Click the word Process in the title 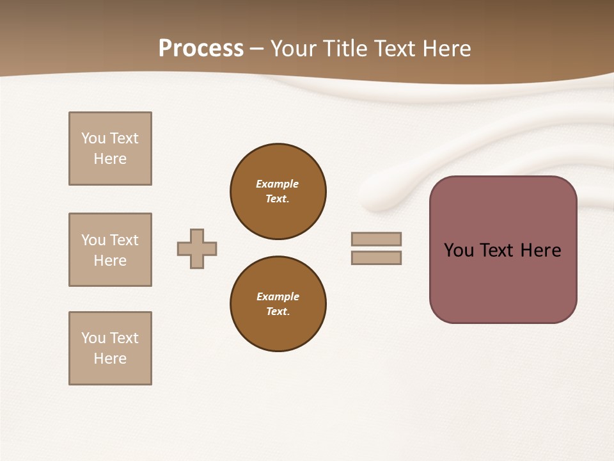pyautogui.click(x=201, y=49)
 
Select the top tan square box pyautogui.click(x=110, y=149)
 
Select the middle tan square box pyautogui.click(x=110, y=250)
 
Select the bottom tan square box pyautogui.click(x=110, y=348)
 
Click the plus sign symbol pyautogui.click(x=197, y=248)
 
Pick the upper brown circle pyautogui.click(x=278, y=191)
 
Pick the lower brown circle pyautogui.click(x=278, y=304)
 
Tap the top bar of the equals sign pyautogui.click(x=376, y=239)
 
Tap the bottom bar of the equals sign pyautogui.click(x=376, y=258)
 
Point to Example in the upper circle pyautogui.click(x=277, y=184)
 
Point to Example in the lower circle pyautogui.click(x=278, y=296)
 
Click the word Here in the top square pyautogui.click(x=110, y=159)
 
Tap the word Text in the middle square pyautogui.click(x=124, y=240)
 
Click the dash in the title pyautogui.click(x=256, y=49)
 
